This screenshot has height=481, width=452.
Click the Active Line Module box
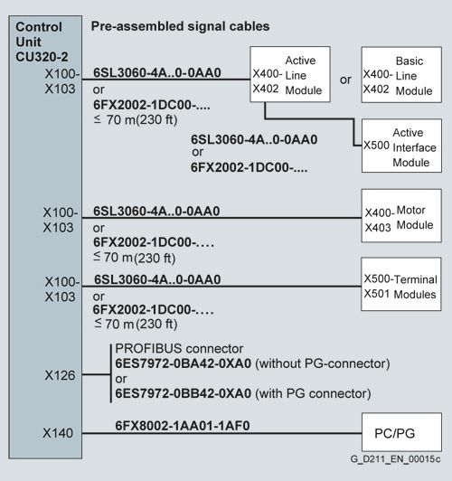290,74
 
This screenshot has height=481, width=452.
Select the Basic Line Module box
401,74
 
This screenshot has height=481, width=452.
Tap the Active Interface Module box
401,146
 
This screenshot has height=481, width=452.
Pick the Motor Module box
401,216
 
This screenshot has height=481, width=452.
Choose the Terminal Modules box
401,284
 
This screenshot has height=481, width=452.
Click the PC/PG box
401,432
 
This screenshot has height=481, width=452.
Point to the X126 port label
60,375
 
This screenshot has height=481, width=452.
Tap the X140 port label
58,433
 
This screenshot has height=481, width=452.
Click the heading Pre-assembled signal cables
180,26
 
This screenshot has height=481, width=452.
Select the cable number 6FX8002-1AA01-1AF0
183,426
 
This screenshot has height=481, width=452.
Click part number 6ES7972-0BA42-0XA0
184,363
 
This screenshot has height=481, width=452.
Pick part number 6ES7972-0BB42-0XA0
184,393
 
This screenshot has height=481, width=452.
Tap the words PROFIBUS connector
179,349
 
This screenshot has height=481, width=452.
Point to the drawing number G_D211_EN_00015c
396,459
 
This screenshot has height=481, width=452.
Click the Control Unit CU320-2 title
42,42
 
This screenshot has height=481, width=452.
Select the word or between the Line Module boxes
345,80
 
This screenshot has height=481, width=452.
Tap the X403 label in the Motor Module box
378,228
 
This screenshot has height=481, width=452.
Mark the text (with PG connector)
313,393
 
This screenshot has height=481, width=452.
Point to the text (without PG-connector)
323,363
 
